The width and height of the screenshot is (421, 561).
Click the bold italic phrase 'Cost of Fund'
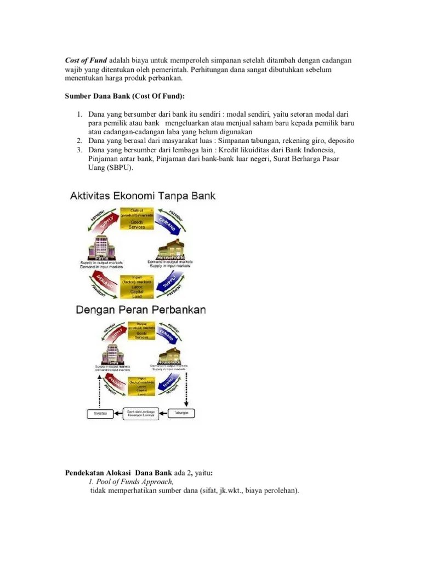[x=86, y=60]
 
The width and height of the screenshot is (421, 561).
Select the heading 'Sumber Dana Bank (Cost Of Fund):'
[x=124, y=96]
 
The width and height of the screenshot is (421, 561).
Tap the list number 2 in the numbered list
[x=79, y=141]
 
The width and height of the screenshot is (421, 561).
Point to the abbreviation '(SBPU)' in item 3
[x=119, y=168]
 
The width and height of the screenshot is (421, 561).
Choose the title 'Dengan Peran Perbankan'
[x=141, y=310]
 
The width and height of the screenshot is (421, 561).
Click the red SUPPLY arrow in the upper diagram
[x=104, y=220]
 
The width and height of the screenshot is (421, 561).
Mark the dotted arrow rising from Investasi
[x=92, y=392]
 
